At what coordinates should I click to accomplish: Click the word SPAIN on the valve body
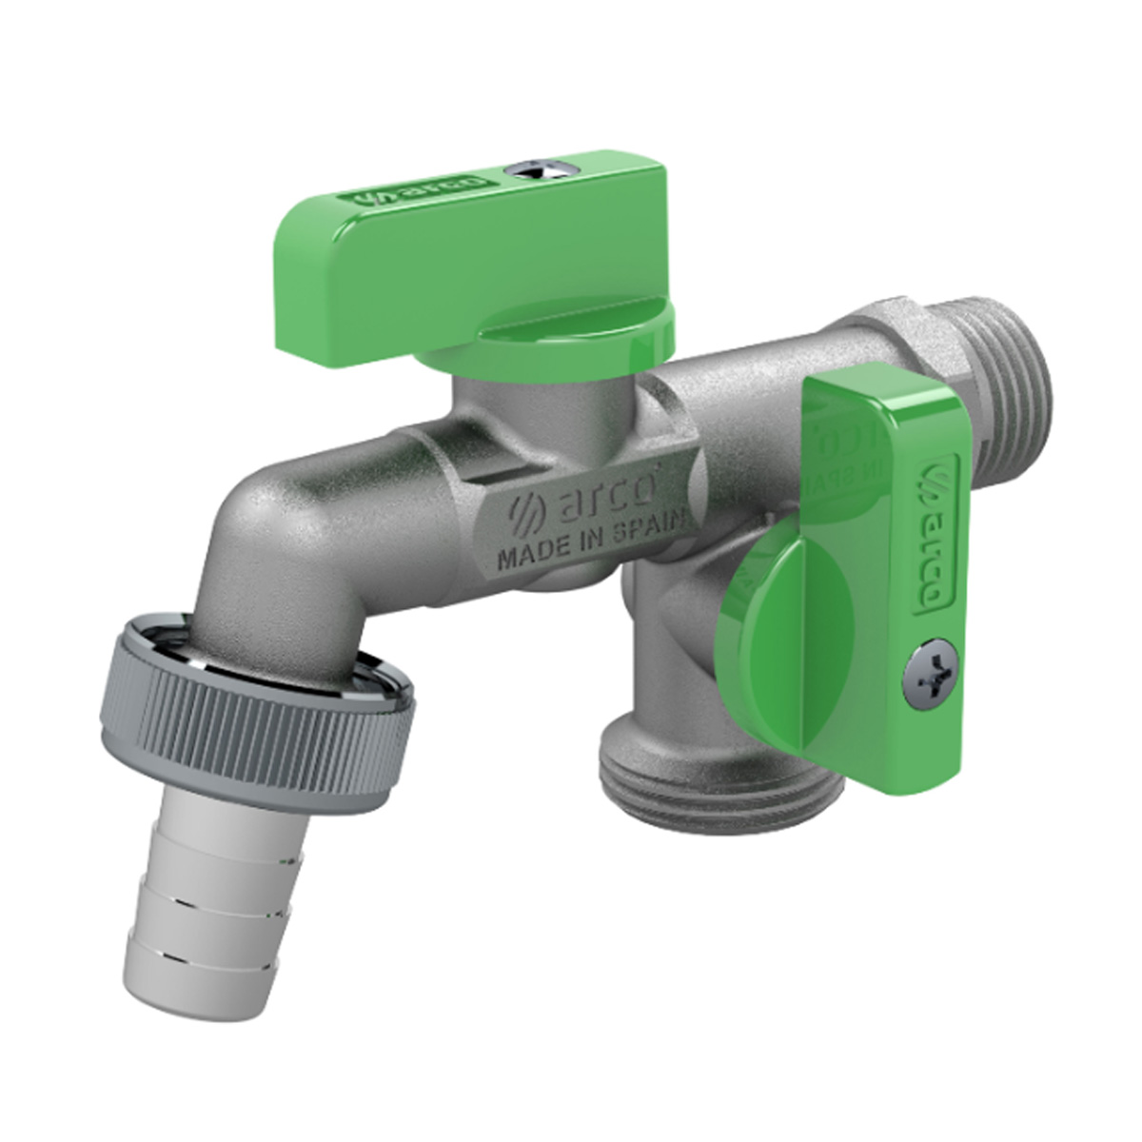pos(661,529)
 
